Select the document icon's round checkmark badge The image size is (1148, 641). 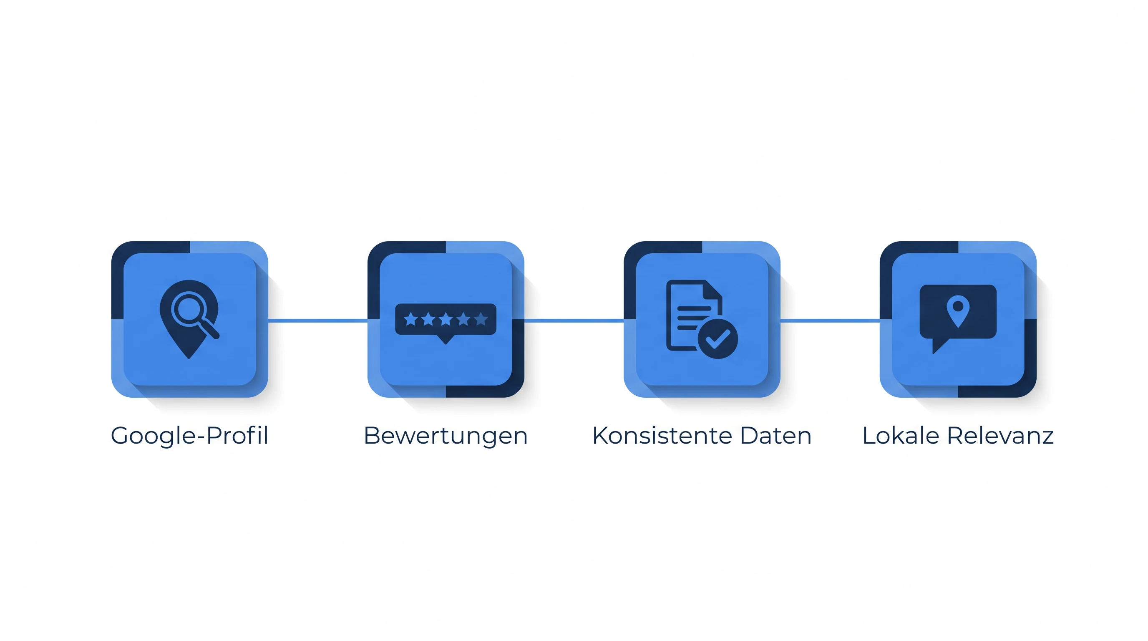[717, 339]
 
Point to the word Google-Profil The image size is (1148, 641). [189, 436]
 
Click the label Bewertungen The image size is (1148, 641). [446, 436]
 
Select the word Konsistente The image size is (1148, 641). [662, 436]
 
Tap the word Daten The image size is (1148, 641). [776, 436]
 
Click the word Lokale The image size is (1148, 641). [901, 436]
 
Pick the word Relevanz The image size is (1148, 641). [1000, 436]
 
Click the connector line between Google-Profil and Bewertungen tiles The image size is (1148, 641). [318, 320]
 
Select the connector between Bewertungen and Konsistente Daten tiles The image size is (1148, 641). [574, 320]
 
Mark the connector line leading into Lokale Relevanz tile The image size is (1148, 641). [830, 320]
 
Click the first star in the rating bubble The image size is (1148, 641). [410, 319]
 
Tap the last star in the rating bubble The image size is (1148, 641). [481, 319]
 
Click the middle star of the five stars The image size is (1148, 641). [446, 319]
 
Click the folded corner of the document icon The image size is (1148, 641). [712, 290]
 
